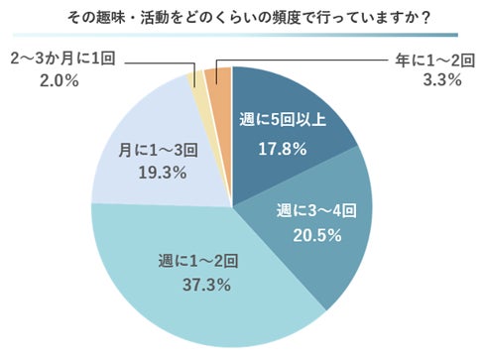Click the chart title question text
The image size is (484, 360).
click(x=242, y=17)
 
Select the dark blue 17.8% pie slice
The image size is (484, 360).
click(x=288, y=109)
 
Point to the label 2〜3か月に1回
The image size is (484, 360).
click(x=62, y=60)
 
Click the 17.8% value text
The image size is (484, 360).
click(x=283, y=151)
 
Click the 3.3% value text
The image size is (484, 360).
click(x=441, y=80)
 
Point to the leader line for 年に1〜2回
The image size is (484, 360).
click(x=298, y=60)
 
